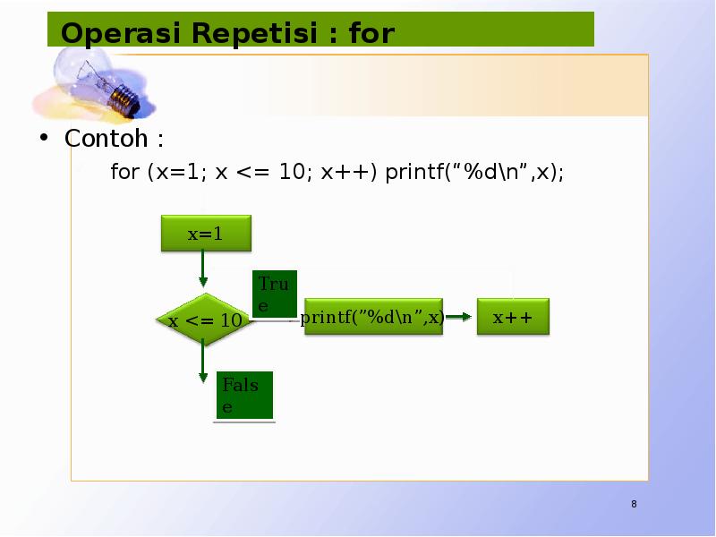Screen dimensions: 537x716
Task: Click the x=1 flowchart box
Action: click(x=205, y=234)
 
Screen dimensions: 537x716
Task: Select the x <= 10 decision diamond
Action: click(x=205, y=320)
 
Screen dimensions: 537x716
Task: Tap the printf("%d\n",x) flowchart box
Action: click(x=373, y=318)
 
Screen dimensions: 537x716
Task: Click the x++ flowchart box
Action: click(x=512, y=318)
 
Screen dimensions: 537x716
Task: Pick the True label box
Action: click(x=274, y=294)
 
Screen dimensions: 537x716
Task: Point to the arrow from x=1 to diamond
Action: click(x=204, y=270)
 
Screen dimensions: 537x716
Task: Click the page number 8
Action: click(x=634, y=505)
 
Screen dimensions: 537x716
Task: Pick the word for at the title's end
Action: click(x=371, y=34)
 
